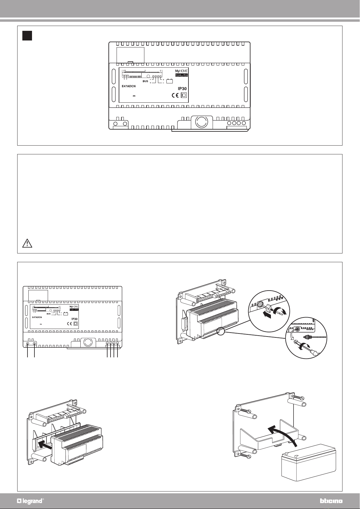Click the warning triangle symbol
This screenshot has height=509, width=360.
point(27,243)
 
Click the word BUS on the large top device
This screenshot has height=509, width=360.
point(146,81)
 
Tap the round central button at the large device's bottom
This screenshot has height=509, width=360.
point(201,121)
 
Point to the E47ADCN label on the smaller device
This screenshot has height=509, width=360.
point(37,317)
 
